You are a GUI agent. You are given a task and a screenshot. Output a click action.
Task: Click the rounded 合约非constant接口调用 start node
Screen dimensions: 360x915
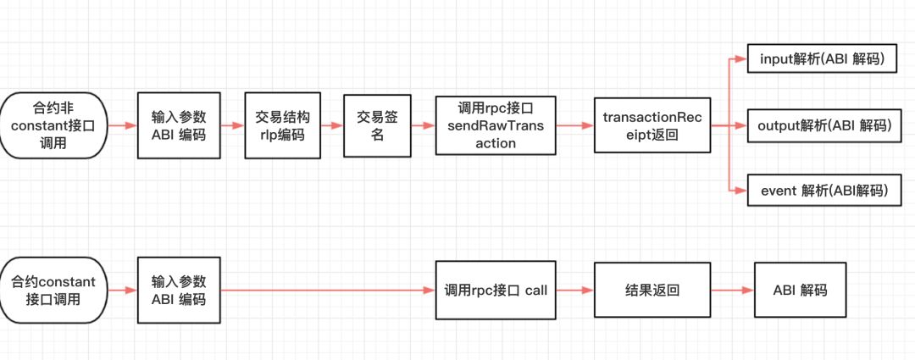54,125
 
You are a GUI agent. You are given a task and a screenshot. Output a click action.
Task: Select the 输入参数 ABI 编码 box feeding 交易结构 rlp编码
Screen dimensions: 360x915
179,125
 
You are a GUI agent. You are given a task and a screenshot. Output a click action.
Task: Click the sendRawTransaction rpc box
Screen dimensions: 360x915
496,125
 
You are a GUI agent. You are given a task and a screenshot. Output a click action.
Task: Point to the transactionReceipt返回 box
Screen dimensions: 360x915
652,125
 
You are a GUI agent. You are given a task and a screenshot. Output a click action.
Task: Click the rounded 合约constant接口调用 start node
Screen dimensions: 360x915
54,290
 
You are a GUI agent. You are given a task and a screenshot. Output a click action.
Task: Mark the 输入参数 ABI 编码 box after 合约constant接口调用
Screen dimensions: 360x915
179,290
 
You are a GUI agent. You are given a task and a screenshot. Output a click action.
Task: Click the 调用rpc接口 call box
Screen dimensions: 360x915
496,290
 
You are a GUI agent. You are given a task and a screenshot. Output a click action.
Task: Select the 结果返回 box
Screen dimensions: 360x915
652,290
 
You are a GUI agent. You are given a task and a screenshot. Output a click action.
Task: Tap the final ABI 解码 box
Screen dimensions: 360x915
800,290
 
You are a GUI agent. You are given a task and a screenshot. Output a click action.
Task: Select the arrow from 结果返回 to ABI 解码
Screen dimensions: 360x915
731,290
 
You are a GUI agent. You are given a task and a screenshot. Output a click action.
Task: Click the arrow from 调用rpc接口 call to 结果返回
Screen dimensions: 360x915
575,290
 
